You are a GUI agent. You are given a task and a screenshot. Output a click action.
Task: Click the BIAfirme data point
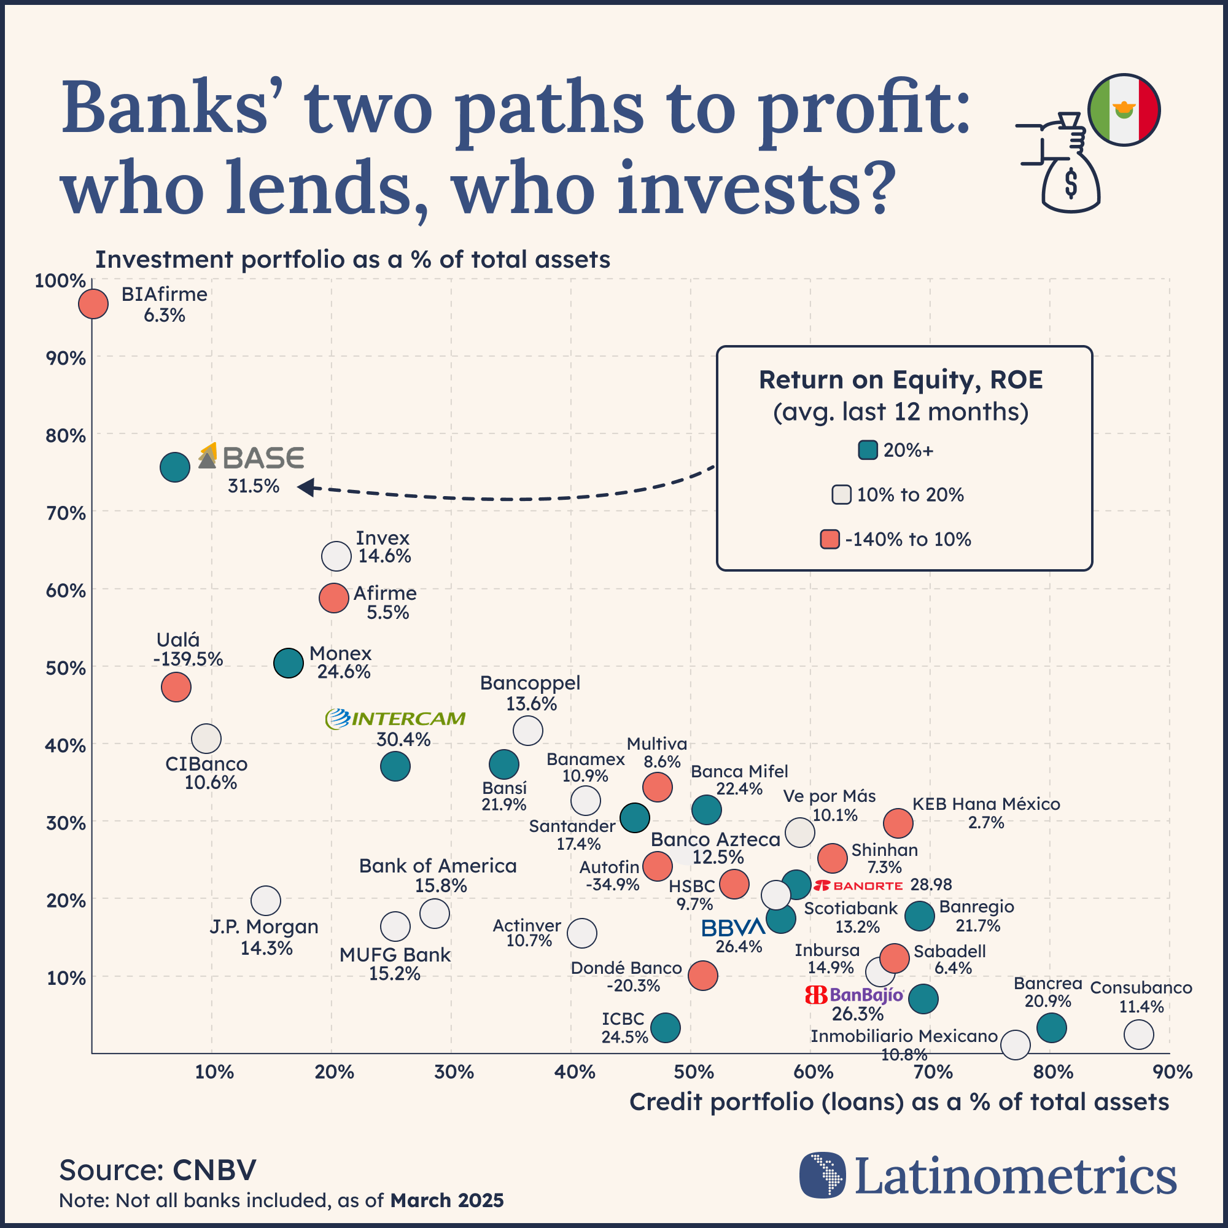93,305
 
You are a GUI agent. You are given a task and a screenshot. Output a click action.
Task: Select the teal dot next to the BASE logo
175,468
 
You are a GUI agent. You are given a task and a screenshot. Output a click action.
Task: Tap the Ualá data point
176,687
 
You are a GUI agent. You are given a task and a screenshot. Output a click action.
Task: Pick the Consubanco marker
1139,1035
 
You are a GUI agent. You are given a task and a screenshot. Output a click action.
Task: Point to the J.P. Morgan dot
266,901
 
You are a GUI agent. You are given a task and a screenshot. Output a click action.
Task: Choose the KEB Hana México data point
898,824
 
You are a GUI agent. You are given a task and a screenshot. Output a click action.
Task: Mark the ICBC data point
666,1028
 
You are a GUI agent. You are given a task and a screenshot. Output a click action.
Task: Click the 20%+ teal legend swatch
868,451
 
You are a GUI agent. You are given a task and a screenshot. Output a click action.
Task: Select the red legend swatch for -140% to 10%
830,540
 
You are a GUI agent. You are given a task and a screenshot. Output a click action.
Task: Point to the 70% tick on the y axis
66,513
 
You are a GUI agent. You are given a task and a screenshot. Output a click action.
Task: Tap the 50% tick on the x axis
694,1072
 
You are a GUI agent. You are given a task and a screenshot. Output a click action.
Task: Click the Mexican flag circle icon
1124,110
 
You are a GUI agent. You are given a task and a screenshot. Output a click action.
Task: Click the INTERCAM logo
395,719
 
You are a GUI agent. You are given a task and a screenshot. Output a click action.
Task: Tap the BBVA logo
734,927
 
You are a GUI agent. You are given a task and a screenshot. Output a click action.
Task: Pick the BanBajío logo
854,995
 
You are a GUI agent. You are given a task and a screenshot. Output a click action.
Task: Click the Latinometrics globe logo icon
823,1175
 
